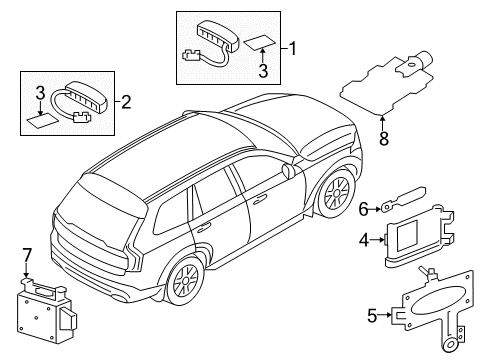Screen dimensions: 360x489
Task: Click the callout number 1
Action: [292, 47]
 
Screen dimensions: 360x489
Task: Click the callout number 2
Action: [127, 100]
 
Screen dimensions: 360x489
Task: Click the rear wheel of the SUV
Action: [185, 281]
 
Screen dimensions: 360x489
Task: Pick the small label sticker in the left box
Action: [42, 120]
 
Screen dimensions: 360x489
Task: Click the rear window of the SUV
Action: [100, 191]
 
